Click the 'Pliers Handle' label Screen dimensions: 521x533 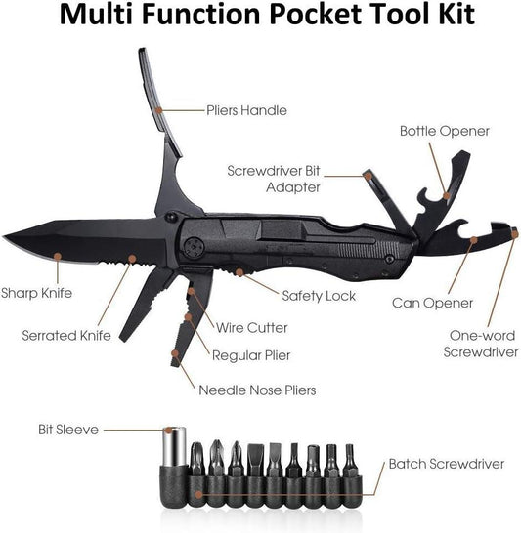tap(246, 110)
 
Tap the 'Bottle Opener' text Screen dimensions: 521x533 tap(445, 131)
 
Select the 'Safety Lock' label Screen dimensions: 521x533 tap(319, 296)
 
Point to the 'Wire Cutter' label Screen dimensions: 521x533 tap(252, 328)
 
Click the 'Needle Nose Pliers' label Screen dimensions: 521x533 tap(257, 389)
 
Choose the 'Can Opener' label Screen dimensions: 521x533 tap(432, 303)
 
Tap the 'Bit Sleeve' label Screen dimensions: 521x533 tap(68, 430)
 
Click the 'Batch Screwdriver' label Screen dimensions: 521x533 tap(447, 464)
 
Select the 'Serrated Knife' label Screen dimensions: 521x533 tap(66, 336)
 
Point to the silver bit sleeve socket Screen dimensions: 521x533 tap(174, 446)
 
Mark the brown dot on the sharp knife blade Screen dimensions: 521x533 tap(58, 257)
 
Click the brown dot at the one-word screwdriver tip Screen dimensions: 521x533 tap(515, 234)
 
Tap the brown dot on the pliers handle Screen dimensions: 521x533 tap(158, 109)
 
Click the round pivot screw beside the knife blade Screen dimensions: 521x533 tap(194, 246)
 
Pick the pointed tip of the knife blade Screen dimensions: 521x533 tap(3, 236)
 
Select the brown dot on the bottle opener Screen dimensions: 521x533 tap(446, 195)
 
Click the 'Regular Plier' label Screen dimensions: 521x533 tap(251, 355)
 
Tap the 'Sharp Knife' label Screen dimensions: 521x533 tap(36, 293)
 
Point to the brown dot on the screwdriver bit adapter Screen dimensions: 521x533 tap(368, 176)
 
